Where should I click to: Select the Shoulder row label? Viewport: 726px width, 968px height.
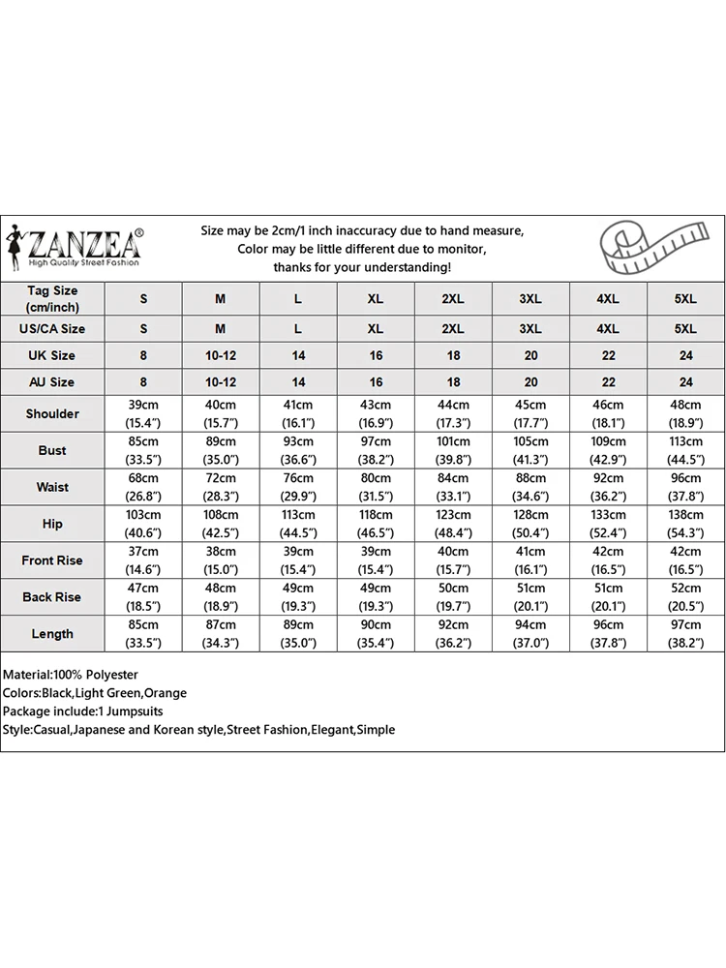point(52,413)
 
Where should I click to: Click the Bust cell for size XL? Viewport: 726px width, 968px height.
point(376,450)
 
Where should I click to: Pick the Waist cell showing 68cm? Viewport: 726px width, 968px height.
point(143,487)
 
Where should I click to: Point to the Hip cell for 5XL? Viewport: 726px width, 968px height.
point(685,524)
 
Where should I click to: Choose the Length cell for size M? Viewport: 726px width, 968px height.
point(221,634)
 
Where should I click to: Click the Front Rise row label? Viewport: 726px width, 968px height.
point(52,560)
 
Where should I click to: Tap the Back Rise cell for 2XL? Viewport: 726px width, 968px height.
point(453,597)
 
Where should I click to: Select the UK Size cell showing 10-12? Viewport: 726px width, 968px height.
point(221,355)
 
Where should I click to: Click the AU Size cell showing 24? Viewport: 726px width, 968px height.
point(685,382)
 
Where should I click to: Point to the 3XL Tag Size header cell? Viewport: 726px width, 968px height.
point(530,299)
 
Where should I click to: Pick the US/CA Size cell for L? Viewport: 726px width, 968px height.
point(298,328)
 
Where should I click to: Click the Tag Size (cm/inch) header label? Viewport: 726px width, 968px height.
point(52,299)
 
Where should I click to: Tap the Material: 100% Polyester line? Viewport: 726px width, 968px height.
point(71,675)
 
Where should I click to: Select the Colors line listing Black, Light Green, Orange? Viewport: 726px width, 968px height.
point(95,693)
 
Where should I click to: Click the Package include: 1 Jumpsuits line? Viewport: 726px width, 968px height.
point(83,711)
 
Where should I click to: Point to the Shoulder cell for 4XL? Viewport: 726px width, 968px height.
point(608,413)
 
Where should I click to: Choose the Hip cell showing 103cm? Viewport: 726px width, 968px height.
point(143,524)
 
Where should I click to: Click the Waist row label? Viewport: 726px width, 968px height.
point(52,487)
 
